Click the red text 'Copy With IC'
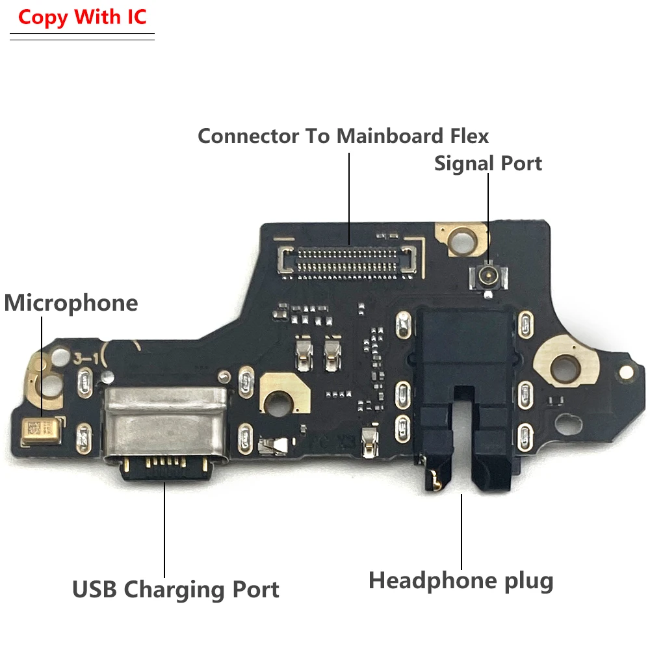[x=83, y=17]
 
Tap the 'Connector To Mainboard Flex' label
[x=343, y=136]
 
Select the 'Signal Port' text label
[x=488, y=163]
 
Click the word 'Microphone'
[x=71, y=303]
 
